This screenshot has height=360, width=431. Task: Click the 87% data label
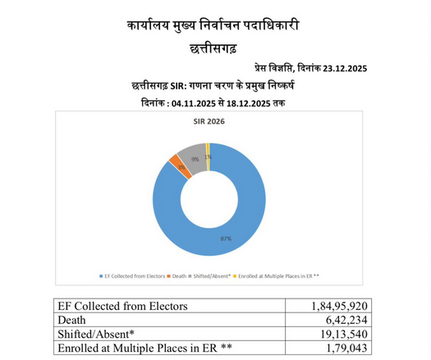(225, 239)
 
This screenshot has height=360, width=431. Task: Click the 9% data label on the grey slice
(195, 158)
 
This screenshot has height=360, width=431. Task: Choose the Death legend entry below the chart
(180, 275)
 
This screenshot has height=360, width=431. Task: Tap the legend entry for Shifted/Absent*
(213, 275)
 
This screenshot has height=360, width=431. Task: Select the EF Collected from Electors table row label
(123, 305)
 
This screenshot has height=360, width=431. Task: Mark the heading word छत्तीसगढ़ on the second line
(214, 49)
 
